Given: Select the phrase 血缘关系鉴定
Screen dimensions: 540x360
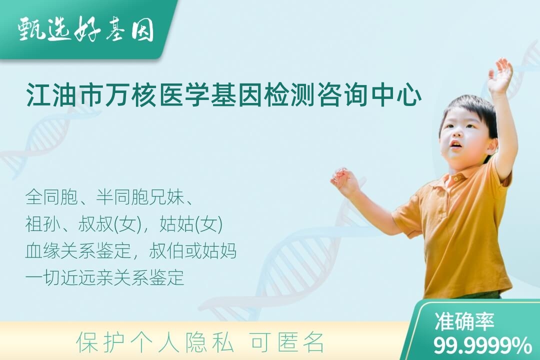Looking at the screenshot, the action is point(78,251).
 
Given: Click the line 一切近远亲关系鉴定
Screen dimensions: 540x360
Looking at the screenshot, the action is point(104,277).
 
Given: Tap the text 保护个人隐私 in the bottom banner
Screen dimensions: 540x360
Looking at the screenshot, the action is point(155,342).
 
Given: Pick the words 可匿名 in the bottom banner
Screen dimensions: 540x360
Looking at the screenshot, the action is point(287,342).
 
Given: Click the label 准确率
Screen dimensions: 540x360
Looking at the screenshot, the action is point(464,321).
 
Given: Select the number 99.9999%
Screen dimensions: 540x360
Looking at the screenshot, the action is point(482,345).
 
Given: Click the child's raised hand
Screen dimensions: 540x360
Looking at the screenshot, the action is point(500,75).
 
